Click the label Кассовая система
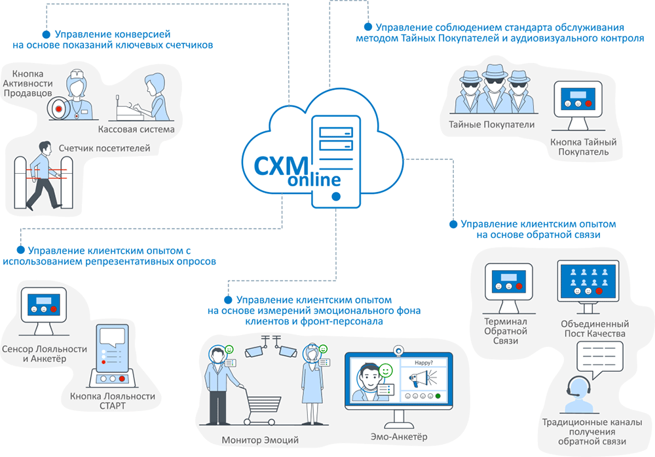[145, 129]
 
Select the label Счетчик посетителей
[104, 148]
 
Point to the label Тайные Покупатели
[492, 125]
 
